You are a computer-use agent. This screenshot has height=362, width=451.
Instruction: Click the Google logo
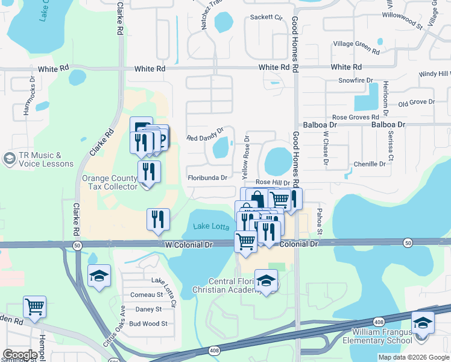point(20,355)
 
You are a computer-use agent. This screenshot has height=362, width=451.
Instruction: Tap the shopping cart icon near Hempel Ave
point(34,306)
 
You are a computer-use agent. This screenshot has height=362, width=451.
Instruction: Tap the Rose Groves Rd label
point(356,117)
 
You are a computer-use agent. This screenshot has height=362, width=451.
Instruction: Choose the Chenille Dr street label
point(370,164)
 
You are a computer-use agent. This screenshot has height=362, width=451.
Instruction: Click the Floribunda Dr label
point(207,178)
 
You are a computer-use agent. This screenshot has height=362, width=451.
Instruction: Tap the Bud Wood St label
point(148,324)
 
